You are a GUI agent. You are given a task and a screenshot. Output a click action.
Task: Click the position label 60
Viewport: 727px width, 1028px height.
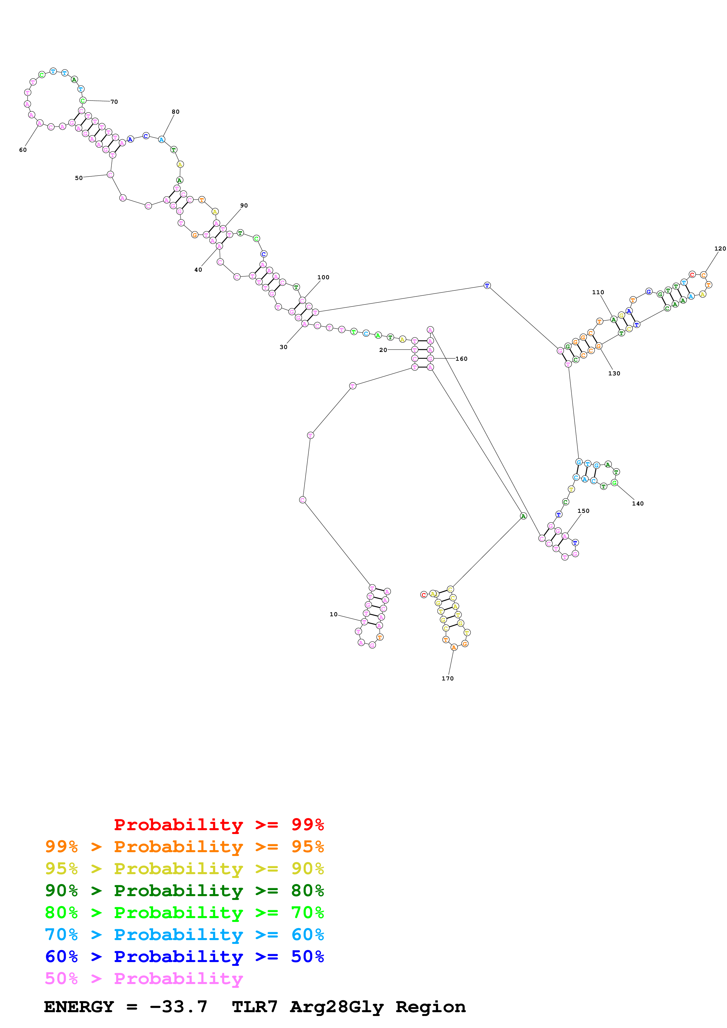[23, 150]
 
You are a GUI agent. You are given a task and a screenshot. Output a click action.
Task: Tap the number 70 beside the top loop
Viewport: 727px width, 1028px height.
[114, 102]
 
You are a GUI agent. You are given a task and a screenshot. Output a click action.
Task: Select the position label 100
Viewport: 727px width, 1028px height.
[323, 278]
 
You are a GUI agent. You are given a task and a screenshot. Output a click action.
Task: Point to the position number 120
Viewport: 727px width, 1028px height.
[720, 249]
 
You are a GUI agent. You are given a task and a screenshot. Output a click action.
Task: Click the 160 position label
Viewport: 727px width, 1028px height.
[461, 359]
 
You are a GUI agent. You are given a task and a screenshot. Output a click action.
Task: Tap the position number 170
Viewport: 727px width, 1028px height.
[448, 679]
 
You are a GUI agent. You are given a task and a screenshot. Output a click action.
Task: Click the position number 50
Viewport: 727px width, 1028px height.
[79, 178]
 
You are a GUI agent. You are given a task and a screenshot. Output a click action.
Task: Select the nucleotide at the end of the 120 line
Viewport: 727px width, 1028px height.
[703, 275]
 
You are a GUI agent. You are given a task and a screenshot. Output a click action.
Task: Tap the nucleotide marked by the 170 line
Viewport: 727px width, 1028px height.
[454, 647]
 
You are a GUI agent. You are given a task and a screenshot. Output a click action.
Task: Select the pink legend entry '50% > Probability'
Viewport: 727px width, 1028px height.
[144, 979]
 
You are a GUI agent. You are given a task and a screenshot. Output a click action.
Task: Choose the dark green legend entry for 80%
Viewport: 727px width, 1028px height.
[184, 891]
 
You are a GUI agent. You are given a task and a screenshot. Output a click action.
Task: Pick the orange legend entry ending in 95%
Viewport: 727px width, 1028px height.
[184, 847]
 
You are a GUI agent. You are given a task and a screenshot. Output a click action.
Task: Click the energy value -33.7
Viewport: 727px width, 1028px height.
[178, 1007]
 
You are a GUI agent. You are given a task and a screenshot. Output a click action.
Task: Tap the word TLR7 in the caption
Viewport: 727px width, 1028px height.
[255, 1007]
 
